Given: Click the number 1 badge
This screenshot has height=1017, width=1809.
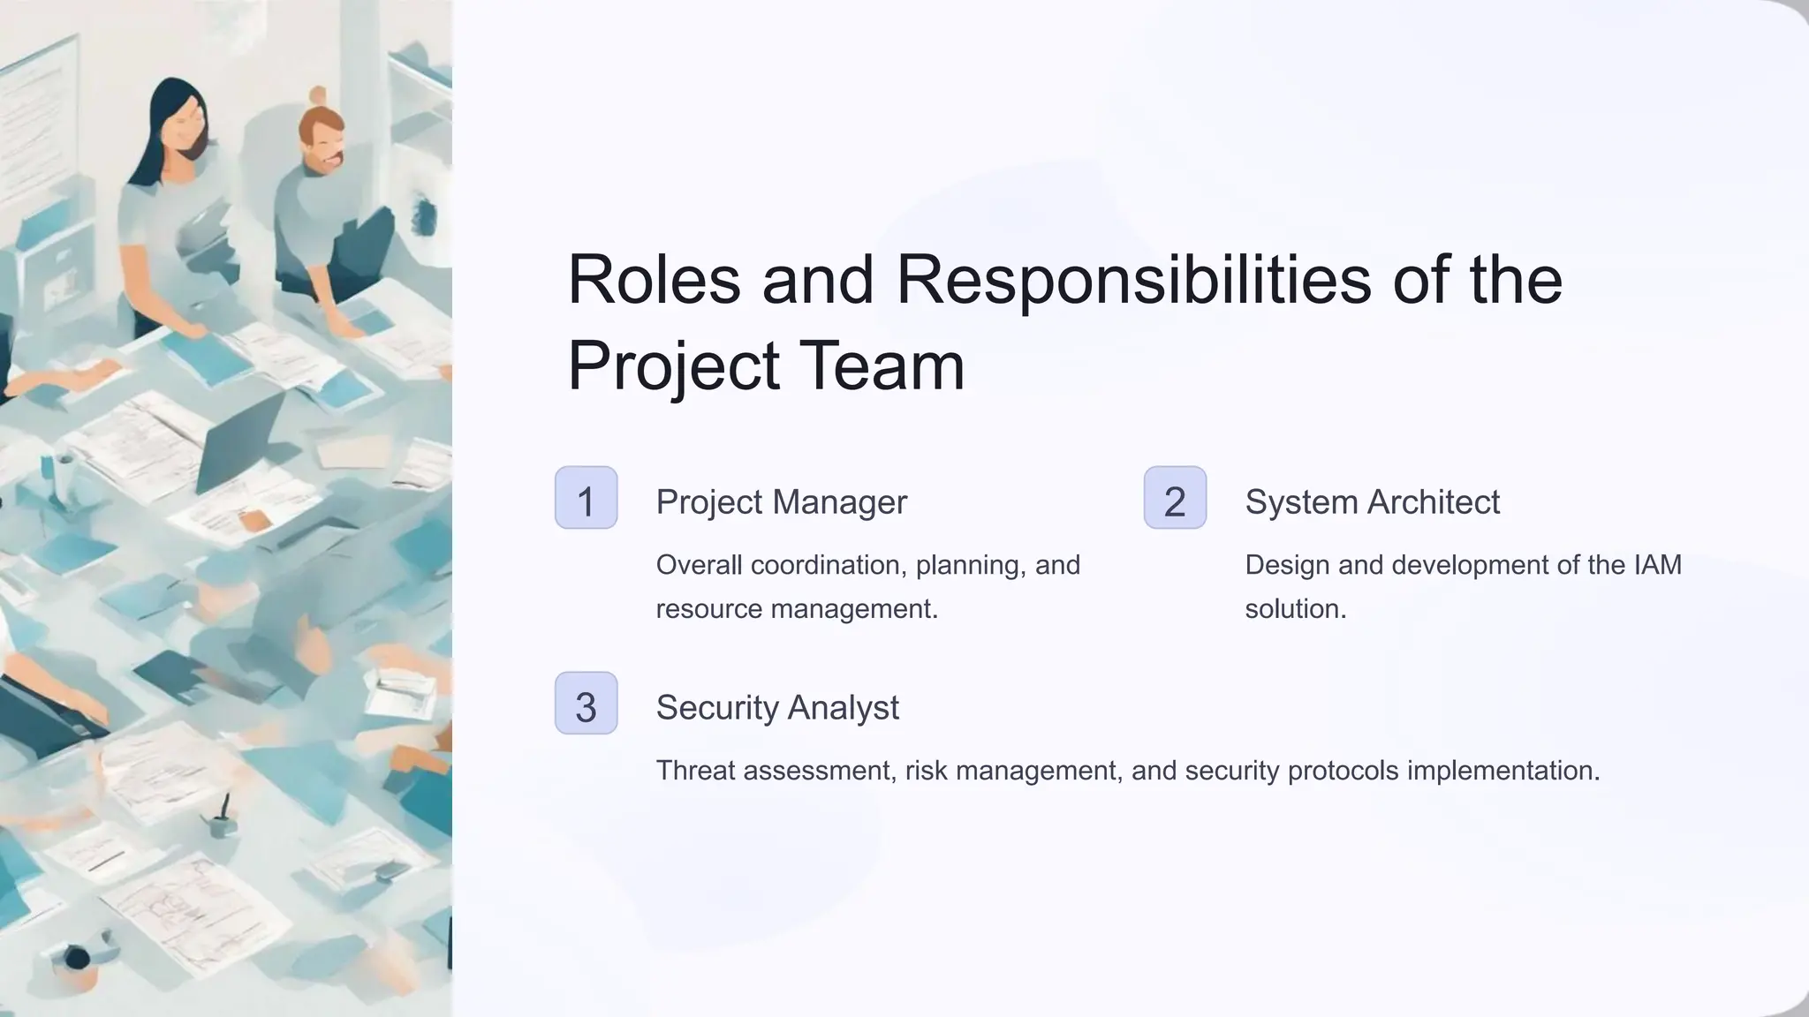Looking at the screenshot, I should [586, 498].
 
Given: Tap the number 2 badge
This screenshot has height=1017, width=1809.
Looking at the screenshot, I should [1175, 498].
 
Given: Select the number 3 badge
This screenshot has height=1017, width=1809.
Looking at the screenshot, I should [586, 704].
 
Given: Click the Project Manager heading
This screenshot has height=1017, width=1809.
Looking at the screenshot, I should [781, 502].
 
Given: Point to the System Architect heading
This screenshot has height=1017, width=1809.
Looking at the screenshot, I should [1372, 502].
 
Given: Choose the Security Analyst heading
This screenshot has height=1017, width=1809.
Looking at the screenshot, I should [777, 708].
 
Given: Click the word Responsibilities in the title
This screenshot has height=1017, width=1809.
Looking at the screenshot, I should [1135, 280].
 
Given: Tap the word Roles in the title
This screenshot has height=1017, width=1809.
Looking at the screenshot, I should [654, 280].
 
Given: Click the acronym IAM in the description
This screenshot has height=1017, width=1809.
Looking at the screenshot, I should [1657, 565].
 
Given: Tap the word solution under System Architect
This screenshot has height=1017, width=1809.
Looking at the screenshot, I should [1295, 609].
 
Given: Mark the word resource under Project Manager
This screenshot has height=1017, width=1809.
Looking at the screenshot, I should [708, 609].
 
